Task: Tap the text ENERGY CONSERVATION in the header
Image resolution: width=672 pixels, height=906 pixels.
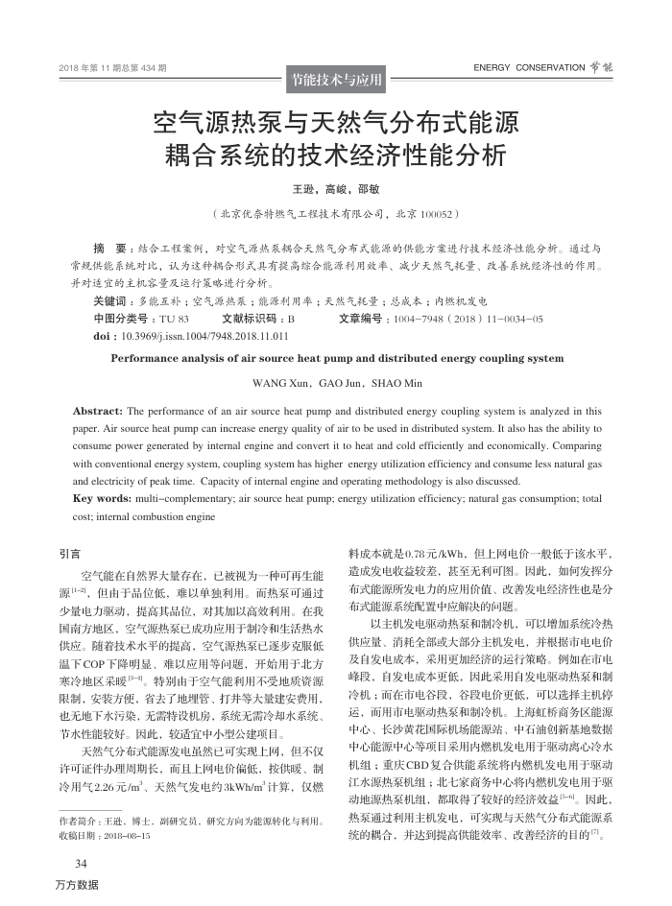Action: point(529,68)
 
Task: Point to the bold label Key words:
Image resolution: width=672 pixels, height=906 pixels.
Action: point(102,499)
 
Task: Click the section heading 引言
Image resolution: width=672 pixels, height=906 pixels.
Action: point(69,554)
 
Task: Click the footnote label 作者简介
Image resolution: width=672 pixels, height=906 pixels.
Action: point(80,822)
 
